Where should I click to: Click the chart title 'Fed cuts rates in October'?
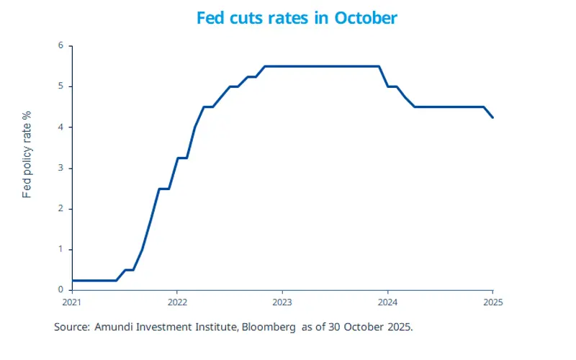click(296, 18)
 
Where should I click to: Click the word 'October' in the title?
click(365, 18)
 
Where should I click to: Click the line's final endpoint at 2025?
click(492, 117)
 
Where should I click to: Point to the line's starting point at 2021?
click(73, 280)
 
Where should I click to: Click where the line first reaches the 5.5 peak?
click(265, 66)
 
